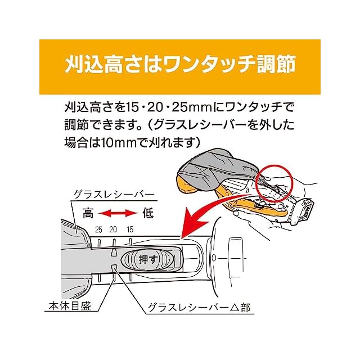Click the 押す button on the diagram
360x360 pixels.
click(148, 260)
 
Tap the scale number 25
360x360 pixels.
click(98, 229)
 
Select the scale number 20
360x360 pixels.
click(113, 229)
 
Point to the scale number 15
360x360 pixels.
click(130, 229)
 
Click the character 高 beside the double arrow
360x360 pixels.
click(88, 213)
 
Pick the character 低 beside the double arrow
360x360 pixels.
click(148, 213)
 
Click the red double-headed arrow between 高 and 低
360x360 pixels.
click(118, 214)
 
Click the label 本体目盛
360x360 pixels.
click(70, 306)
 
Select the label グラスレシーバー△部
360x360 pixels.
click(199, 308)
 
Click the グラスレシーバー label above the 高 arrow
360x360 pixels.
click(114, 195)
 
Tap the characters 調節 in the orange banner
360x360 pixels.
click(276, 65)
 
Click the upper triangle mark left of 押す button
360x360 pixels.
click(114, 252)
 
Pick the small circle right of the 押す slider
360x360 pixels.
click(214, 258)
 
